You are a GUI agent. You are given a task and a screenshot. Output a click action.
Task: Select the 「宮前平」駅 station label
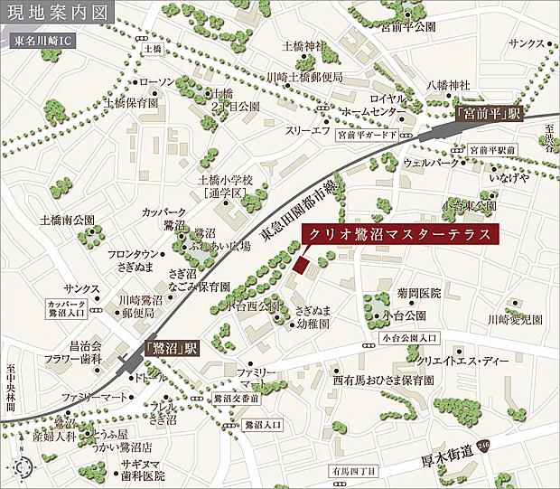point(490,114)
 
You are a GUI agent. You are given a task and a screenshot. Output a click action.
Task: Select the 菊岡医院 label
point(394,294)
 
